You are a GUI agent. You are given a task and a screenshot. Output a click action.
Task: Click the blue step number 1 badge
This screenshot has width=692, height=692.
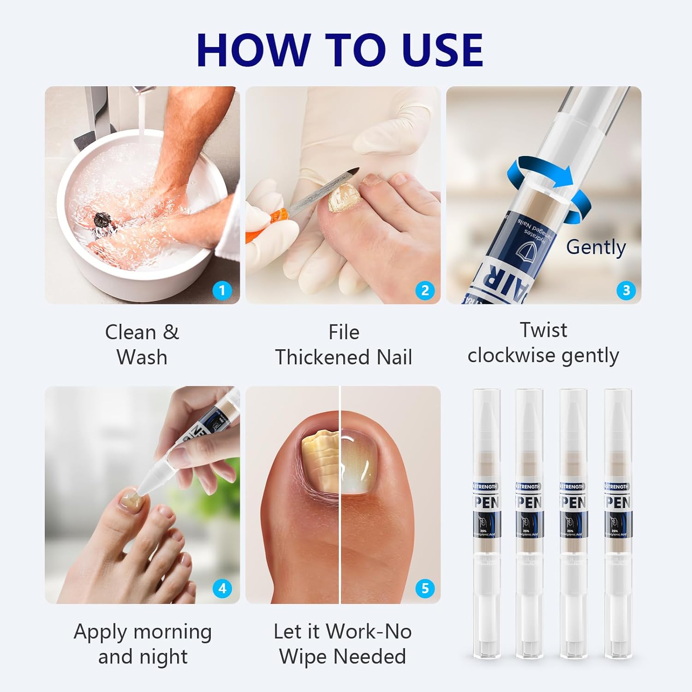(x=222, y=290)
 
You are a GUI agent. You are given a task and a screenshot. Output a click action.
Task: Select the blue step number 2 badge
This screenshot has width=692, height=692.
(x=424, y=290)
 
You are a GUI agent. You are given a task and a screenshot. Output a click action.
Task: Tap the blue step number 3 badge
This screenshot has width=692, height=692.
(x=626, y=290)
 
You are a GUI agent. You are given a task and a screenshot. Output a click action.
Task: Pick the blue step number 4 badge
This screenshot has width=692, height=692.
(x=222, y=588)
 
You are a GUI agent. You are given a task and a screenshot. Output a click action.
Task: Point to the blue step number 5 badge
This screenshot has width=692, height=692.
(x=424, y=588)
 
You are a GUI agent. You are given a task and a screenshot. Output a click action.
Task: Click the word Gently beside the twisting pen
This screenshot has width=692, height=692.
(x=596, y=247)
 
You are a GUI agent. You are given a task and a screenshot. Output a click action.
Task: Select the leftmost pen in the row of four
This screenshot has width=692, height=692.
(x=486, y=521)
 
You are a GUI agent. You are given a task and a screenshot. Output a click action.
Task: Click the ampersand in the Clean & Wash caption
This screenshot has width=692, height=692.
(x=171, y=332)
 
